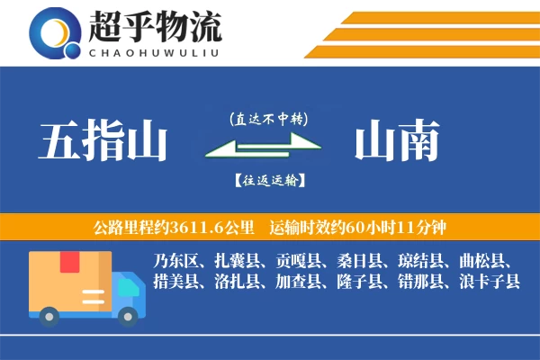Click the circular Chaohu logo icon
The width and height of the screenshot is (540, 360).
[x=56, y=33]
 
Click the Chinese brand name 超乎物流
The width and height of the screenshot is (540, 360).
[x=155, y=28]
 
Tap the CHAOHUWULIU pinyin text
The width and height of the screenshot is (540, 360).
[x=155, y=50]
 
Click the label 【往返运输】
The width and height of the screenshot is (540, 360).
[x=268, y=180]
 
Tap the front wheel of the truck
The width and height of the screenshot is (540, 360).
[x=129, y=314]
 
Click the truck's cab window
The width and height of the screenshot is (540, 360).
[x=128, y=285]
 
